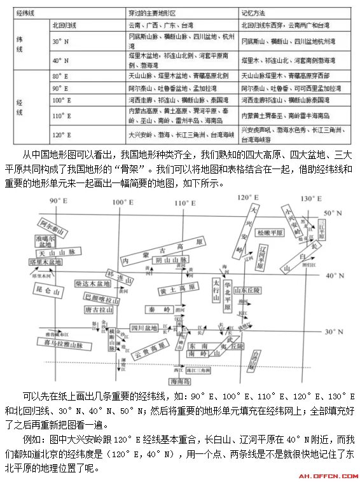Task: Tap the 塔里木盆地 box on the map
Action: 45,262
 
